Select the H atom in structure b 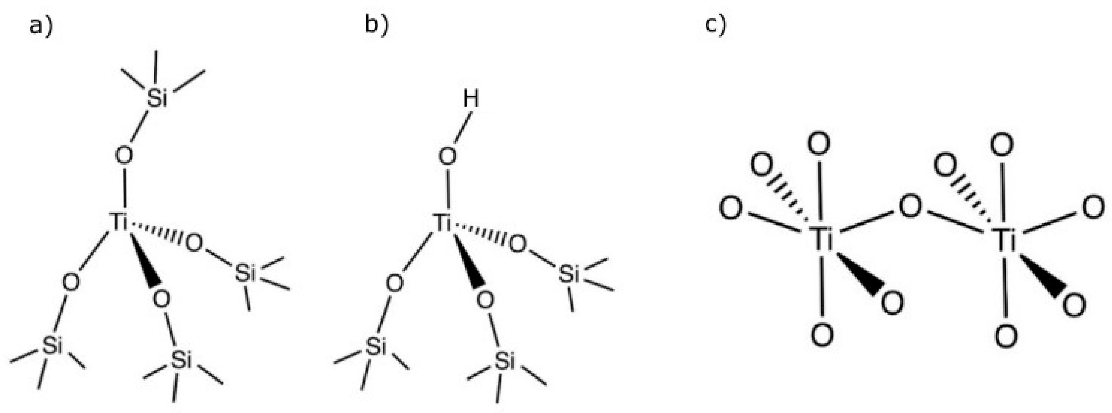471,99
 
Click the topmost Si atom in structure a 157,99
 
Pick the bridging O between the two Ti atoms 910,207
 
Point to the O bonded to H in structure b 448,156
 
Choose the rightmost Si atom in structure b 569,274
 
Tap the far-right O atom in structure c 1093,208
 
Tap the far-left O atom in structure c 731,208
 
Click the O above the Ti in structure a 124,156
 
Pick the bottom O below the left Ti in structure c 822,335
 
